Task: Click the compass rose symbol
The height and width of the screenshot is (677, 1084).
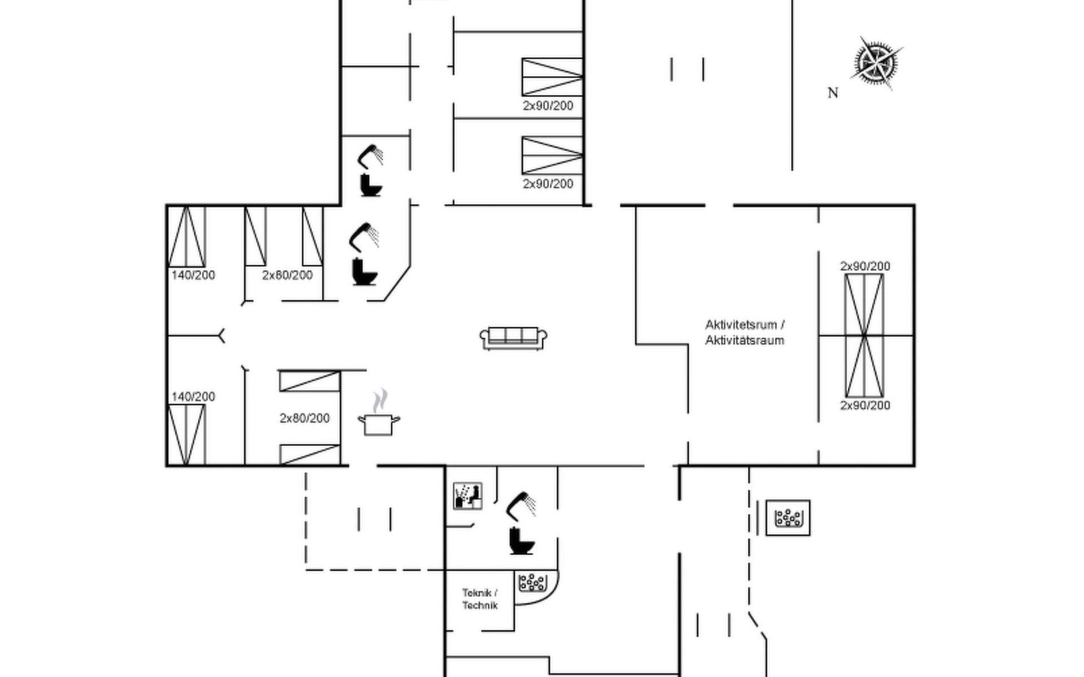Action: pos(876,63)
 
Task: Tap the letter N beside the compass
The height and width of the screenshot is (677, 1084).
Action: pos(833,93)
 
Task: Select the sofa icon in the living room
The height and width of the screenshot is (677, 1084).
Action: pos(513,338)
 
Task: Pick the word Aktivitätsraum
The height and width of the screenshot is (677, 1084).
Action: pos(745,340)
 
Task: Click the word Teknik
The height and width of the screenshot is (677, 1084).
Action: pos(477,593)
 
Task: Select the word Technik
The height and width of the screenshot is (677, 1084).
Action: pos(480,605)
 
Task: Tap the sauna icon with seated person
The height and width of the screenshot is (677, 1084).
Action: pos(468,496)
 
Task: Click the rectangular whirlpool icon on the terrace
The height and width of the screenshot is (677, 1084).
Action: pos(788,518)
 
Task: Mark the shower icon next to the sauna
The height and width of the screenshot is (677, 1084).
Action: pos(521,506)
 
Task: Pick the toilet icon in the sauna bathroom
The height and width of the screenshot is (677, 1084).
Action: pos(521,541)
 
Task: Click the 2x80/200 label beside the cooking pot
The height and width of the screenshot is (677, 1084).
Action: pos(304,418)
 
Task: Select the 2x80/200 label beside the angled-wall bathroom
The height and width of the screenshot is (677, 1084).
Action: pos(287,275)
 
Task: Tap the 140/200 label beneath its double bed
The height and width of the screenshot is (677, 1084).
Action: pos(193,275)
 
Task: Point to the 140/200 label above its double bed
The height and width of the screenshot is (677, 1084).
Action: pos(193,397)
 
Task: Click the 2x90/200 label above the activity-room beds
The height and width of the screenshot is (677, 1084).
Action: pos(865,266)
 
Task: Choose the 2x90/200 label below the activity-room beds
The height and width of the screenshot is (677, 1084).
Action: pos(865,405)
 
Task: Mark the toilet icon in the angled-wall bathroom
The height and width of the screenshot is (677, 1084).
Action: pos(364,271)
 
